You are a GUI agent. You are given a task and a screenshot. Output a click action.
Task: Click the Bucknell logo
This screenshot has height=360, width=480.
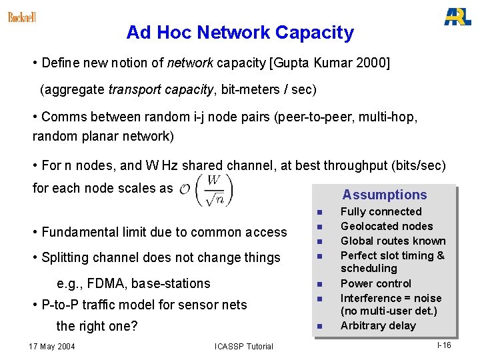[x=22, y=17]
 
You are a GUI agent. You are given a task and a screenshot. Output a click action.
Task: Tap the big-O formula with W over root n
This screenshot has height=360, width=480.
[x=206, y=191]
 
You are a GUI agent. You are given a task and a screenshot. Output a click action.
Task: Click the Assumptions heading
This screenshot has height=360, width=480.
[x=385, y=195]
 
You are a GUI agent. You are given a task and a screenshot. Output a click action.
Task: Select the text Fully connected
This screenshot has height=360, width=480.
[x=381, y=212]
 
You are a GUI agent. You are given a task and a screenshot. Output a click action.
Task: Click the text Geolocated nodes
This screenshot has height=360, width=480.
[x=387, y=227]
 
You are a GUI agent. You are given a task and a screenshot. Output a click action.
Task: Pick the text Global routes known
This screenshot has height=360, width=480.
[x=393, y=241]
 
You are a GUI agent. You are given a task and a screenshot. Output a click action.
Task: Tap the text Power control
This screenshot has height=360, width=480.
[x=376, y=284]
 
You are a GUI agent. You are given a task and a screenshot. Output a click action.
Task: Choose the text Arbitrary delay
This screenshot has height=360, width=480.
[x=377, y=326]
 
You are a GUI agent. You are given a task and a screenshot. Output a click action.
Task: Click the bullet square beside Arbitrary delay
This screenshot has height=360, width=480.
[x=319, y=327]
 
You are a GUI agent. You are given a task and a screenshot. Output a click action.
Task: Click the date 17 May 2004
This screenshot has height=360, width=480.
[x=52, y=347]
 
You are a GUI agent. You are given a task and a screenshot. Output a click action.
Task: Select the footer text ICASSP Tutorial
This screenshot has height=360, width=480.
[x=244, y=347]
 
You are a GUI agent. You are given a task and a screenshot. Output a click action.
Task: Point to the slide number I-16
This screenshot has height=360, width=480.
[x=444, y=345]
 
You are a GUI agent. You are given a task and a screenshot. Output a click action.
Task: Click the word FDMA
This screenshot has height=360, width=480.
[x=105, y=284]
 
